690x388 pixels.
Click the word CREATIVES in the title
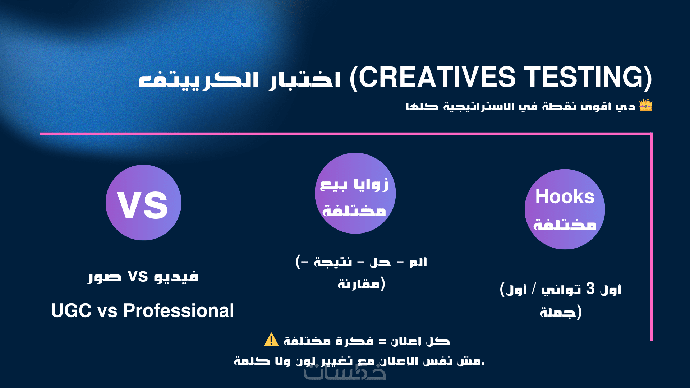point(437,77)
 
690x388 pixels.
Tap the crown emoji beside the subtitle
point(645,105)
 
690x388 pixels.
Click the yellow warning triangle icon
point(271,339)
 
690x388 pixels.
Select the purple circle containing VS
point(143,203)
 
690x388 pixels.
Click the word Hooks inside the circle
point(565,197)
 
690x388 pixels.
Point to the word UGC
point(71,310)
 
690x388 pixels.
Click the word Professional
point(179,310)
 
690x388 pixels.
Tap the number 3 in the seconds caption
point(590,288)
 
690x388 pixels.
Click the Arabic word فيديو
point(176,277)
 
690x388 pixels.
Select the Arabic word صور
point(105,277)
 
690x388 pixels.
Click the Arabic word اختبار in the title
point(305,79)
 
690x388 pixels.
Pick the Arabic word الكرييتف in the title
point(199,80)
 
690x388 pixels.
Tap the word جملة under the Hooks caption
point(558,311)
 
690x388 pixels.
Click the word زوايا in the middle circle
point(371,185)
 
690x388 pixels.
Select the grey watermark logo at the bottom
point(345,372)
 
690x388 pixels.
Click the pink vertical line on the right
point(651,237)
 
